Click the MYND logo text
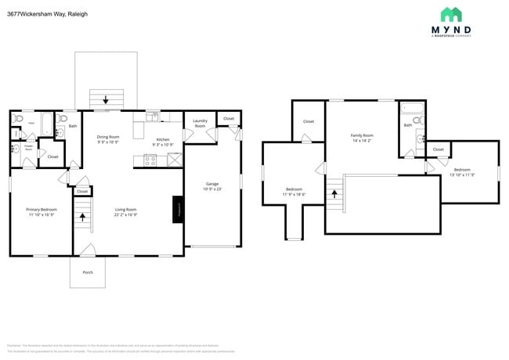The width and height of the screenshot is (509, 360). pos(451,31)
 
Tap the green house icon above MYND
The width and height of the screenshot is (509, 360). pos(451,14)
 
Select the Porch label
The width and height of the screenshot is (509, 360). pos(88,272)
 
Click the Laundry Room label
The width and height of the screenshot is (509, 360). pos(200,124)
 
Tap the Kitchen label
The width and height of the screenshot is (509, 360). pos(163,139)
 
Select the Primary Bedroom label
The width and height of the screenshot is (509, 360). pos(42,209)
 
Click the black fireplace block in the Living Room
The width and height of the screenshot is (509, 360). pos(178,210)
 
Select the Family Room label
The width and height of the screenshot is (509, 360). pos(362,135)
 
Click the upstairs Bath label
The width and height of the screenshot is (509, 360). pos(407,125)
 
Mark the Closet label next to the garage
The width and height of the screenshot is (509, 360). pos(229,119)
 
